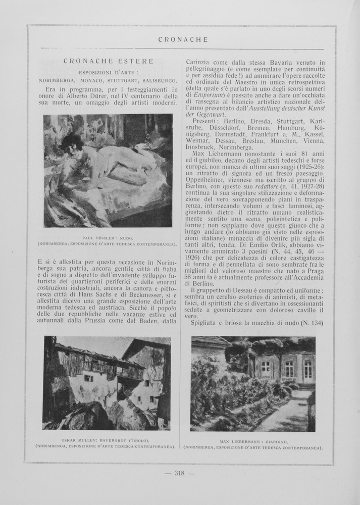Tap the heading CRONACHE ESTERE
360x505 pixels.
pyautogui.click(x=109, y=61)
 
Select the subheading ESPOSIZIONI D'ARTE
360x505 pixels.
pyautogui.click(x=109, y=72)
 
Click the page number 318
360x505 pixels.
pyautogui.click(x=180, y=473)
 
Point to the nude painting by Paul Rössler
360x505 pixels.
pyautogui.click(x=108, y=170)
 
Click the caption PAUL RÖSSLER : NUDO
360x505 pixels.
pyautogui.click(x=108, y=237)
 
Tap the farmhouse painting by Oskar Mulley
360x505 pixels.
pyautogui.click(x=107, y=383)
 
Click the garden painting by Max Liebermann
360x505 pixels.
pyautogui.click(x=253, y=384)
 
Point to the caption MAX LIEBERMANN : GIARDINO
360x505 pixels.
pyautogui.click(x=253, y=441)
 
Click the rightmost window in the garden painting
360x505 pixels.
pyautogui.click(x=307, y=369)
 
